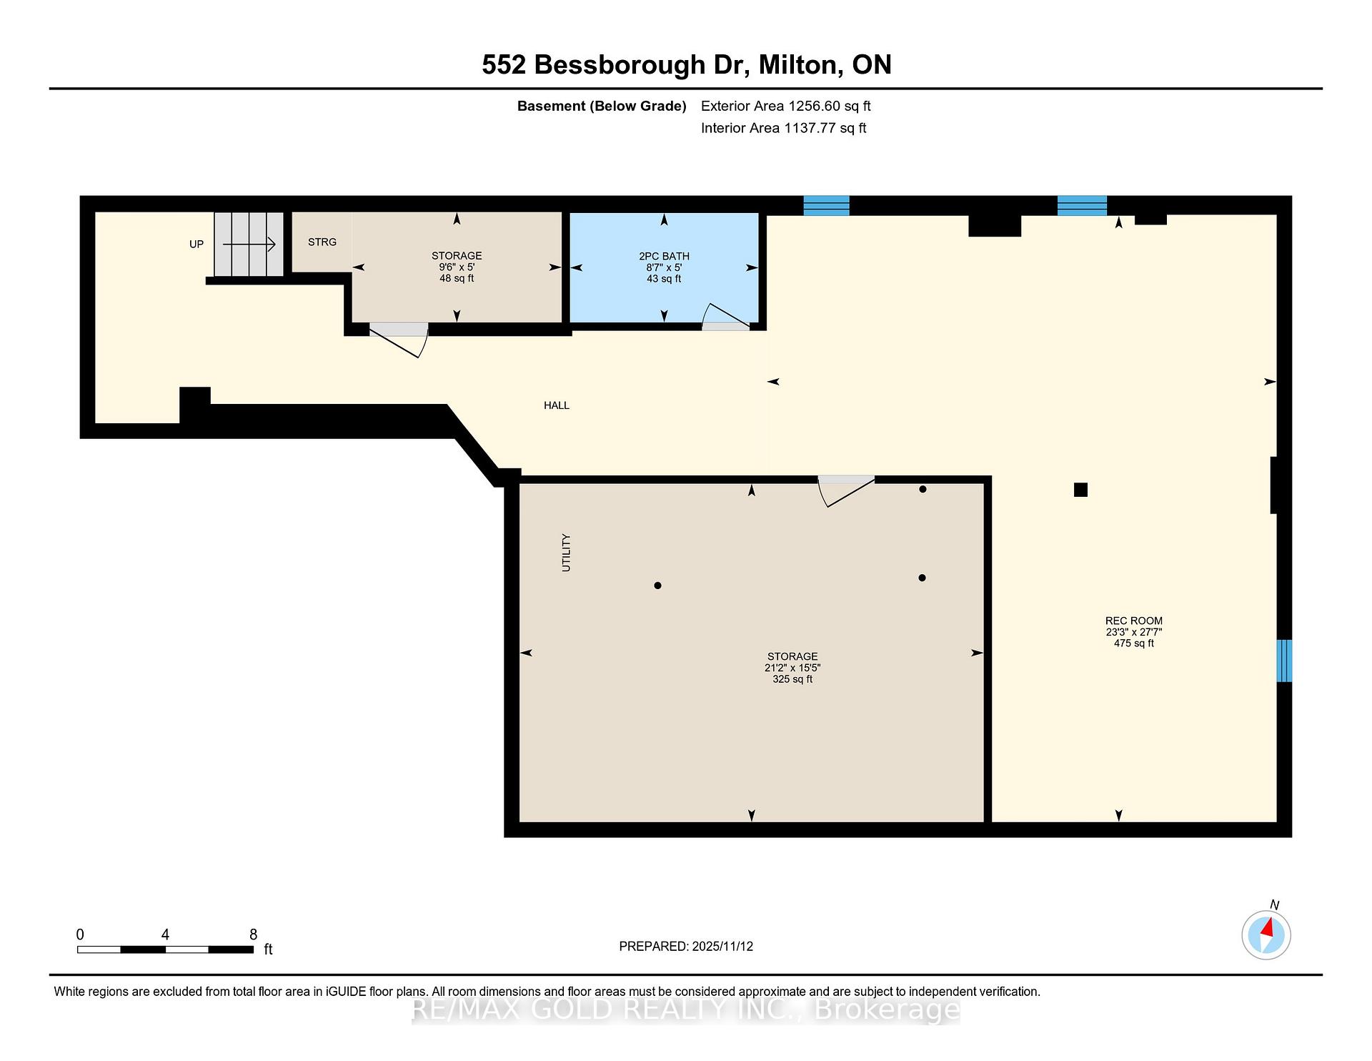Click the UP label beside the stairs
(197, 245)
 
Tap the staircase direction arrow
(249, 245)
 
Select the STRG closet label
(322, 242)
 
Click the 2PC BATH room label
(664, 256)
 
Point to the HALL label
(557, 405)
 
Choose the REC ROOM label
(1134, 621)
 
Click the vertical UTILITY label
(567, 553)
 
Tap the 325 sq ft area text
(792, 679)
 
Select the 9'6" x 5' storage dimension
(457, 267)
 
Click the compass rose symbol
(1266, 934)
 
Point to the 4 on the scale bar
(165, 934)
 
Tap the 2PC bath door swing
(726, 316)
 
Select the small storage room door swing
(399, 340)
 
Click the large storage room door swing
(846, 490)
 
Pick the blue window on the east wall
(1284, 661)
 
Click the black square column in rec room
(1080, 490)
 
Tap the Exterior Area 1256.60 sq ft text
(786, 106)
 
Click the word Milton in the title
(798, 65)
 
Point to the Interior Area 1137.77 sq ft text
(784, 128)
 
